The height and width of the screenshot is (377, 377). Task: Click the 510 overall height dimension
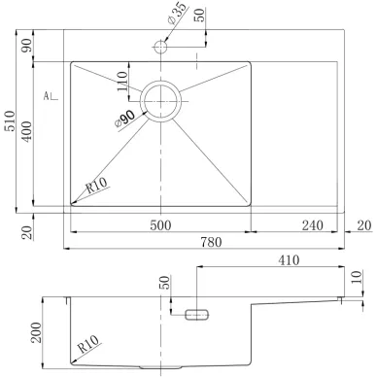(11, 121)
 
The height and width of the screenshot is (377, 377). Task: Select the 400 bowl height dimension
(27, 131)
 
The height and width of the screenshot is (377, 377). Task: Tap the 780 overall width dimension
(211, 242)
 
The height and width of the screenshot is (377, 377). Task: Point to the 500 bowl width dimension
(160, 225)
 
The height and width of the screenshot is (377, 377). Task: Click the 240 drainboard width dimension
(313, 225)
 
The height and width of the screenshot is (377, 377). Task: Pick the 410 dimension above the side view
(289, 260)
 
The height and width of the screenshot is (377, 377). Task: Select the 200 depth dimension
(36, 332)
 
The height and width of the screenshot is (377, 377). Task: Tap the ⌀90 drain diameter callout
(125, 119)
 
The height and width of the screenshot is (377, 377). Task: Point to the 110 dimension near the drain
(121, 82)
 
